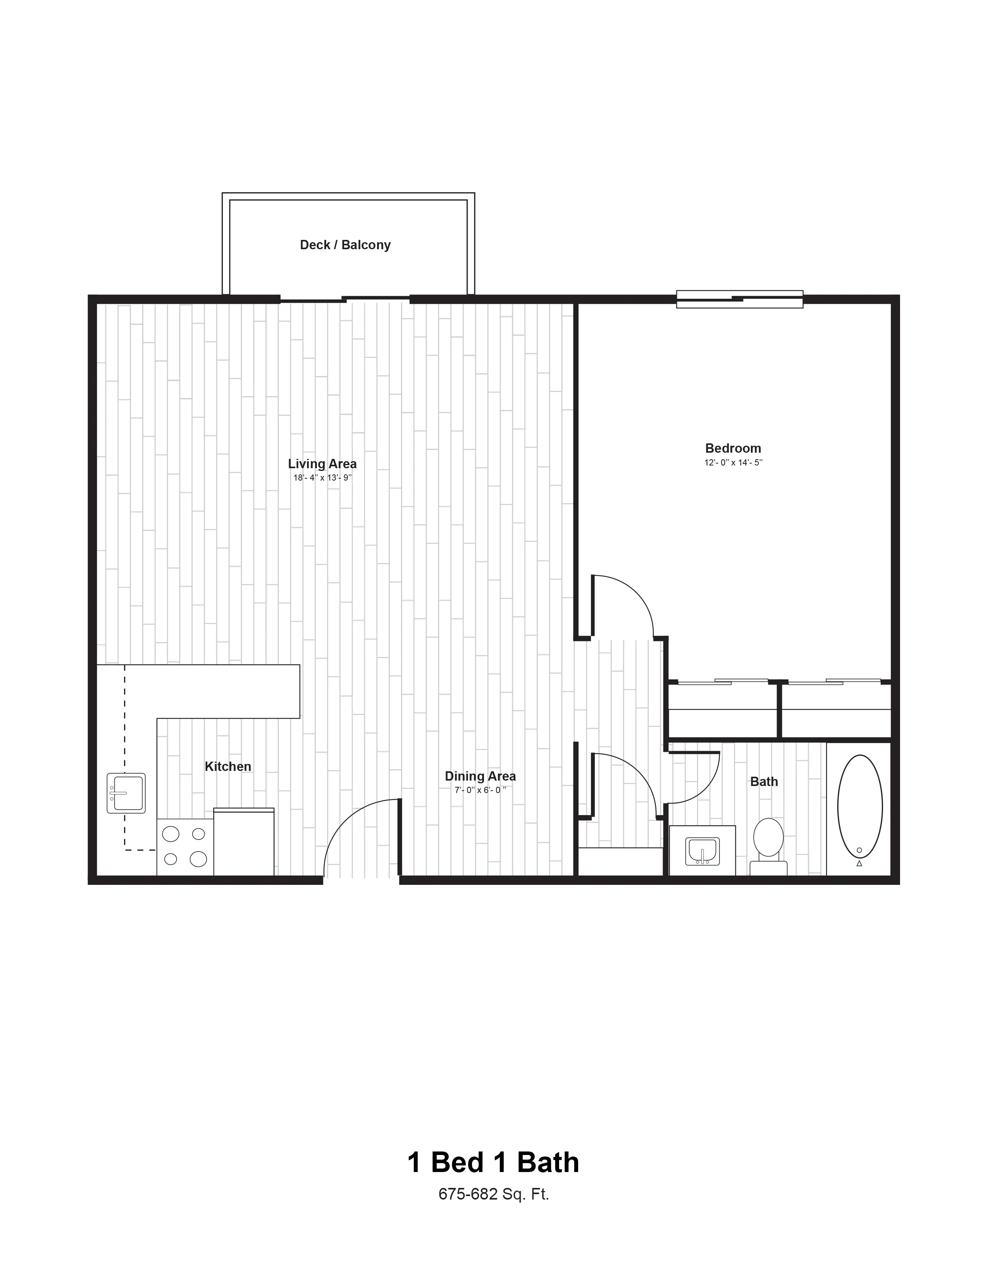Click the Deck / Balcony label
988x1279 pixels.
point(345,245)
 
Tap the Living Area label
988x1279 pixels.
point(322,464)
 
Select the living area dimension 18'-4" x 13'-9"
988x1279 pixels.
point(322,478)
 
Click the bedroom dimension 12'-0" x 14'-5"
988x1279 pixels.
point(733,463)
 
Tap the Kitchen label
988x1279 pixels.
point(228,767)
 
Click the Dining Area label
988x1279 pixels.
point(480,777)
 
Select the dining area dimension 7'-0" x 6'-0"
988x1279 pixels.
point(480,790)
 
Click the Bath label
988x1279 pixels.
point(764,782)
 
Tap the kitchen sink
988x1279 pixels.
point(126,793)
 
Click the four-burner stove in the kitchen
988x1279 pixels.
point(185,847)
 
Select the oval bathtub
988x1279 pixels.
point(860,807)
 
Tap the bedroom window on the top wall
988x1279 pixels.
point(740,299)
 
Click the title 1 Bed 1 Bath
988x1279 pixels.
point(493,1162)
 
